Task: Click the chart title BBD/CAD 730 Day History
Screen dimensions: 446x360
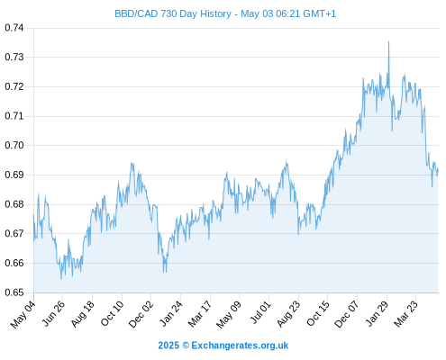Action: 173,13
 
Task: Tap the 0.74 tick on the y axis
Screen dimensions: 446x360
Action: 14,28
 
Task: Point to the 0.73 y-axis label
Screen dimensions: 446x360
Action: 14,57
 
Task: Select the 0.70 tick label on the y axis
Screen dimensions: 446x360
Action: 14,145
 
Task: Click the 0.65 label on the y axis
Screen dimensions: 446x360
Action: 14,292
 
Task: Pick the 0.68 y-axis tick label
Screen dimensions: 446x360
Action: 14,204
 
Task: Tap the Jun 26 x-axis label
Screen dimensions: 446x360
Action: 53,313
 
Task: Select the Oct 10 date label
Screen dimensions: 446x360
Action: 112,313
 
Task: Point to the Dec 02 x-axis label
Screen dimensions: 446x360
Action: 141,314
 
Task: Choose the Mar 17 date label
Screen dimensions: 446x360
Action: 200,314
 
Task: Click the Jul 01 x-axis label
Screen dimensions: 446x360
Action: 260,312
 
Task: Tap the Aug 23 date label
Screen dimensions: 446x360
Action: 288,314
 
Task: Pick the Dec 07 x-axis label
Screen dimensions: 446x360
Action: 347,314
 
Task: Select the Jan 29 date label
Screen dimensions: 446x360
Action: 377,313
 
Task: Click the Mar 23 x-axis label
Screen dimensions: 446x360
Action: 405,314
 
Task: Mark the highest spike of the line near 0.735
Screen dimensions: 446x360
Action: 388,41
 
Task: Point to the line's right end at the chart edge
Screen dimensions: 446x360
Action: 438,170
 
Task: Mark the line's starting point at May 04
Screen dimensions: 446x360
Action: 33,215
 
